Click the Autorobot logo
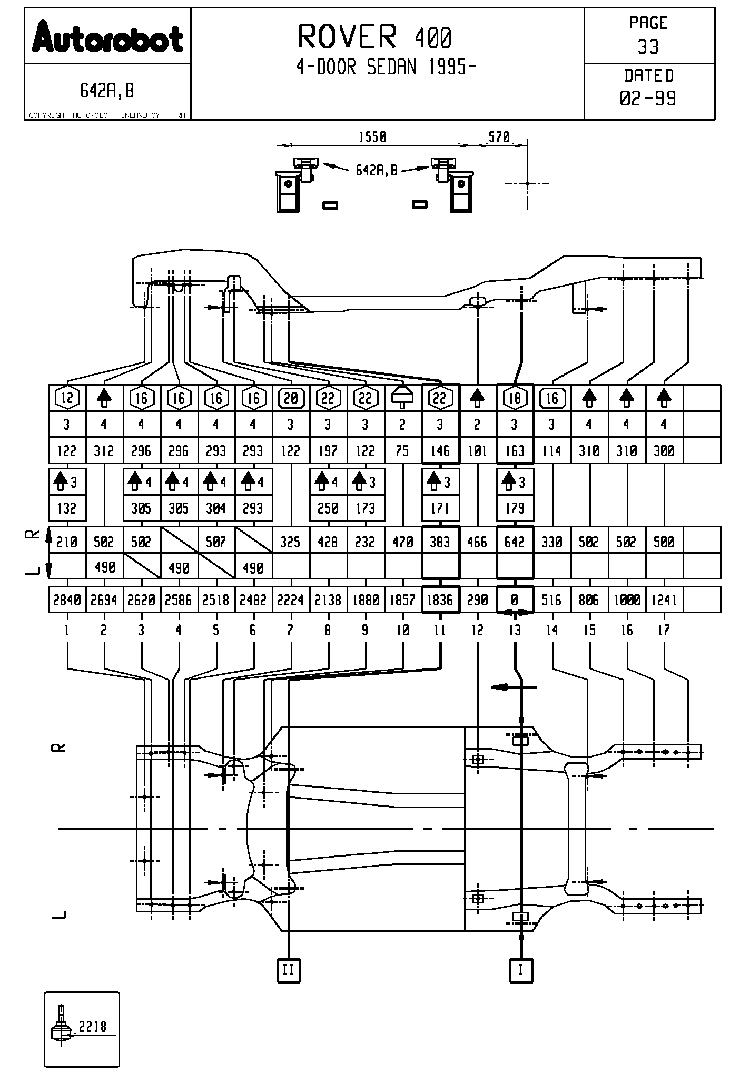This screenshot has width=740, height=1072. tap(107, 37)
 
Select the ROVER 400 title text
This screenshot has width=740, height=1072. tap(374, 37)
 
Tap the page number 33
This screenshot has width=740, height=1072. tap(648, 47)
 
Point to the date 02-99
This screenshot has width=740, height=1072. tap(648, 99)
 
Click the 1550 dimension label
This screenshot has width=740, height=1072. tap(372, 137)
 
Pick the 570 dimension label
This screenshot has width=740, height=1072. tap(499, 137)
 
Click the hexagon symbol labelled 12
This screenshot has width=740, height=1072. tap(67, 398)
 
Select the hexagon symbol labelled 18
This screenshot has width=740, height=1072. tap(515, 398)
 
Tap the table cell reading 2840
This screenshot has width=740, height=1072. tap(67, 600)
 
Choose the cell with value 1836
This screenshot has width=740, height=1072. tap(440, 600)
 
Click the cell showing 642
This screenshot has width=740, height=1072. tap(515, 542)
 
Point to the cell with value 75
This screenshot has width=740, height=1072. tap(402, 451)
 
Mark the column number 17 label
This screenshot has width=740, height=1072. tap(664, 630)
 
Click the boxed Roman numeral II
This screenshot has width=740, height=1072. tap(289, 970)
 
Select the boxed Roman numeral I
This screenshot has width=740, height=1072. tap(521, 970)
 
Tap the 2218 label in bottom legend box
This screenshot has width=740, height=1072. tap(92, 1026)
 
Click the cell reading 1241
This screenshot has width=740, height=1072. tap(664, 600)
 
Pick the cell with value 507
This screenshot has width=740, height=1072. tap(216, 542)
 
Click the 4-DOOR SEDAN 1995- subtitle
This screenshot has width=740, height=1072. tap(386, 67)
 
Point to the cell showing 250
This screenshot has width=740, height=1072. tap(328, 508)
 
